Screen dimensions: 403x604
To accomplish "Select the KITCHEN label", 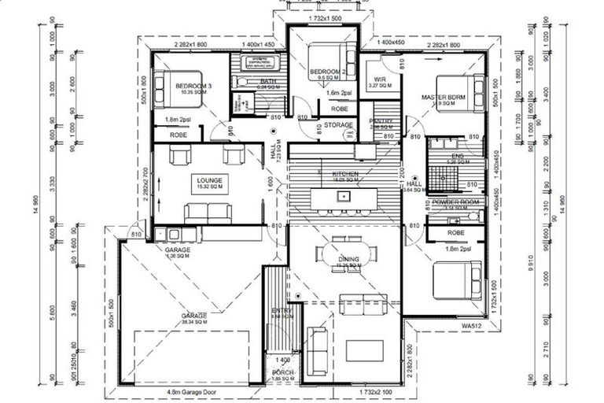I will coord(344,173).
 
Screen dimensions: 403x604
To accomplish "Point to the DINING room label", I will coord(348,259).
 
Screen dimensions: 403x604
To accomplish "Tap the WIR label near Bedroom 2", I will coord(380,79).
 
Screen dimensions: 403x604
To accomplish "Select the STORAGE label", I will coord(337,125).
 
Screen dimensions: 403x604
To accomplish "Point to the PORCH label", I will coord(282,373).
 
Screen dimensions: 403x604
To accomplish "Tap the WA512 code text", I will coord(470,324).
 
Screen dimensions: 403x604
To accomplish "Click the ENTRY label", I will coord(282,311).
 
